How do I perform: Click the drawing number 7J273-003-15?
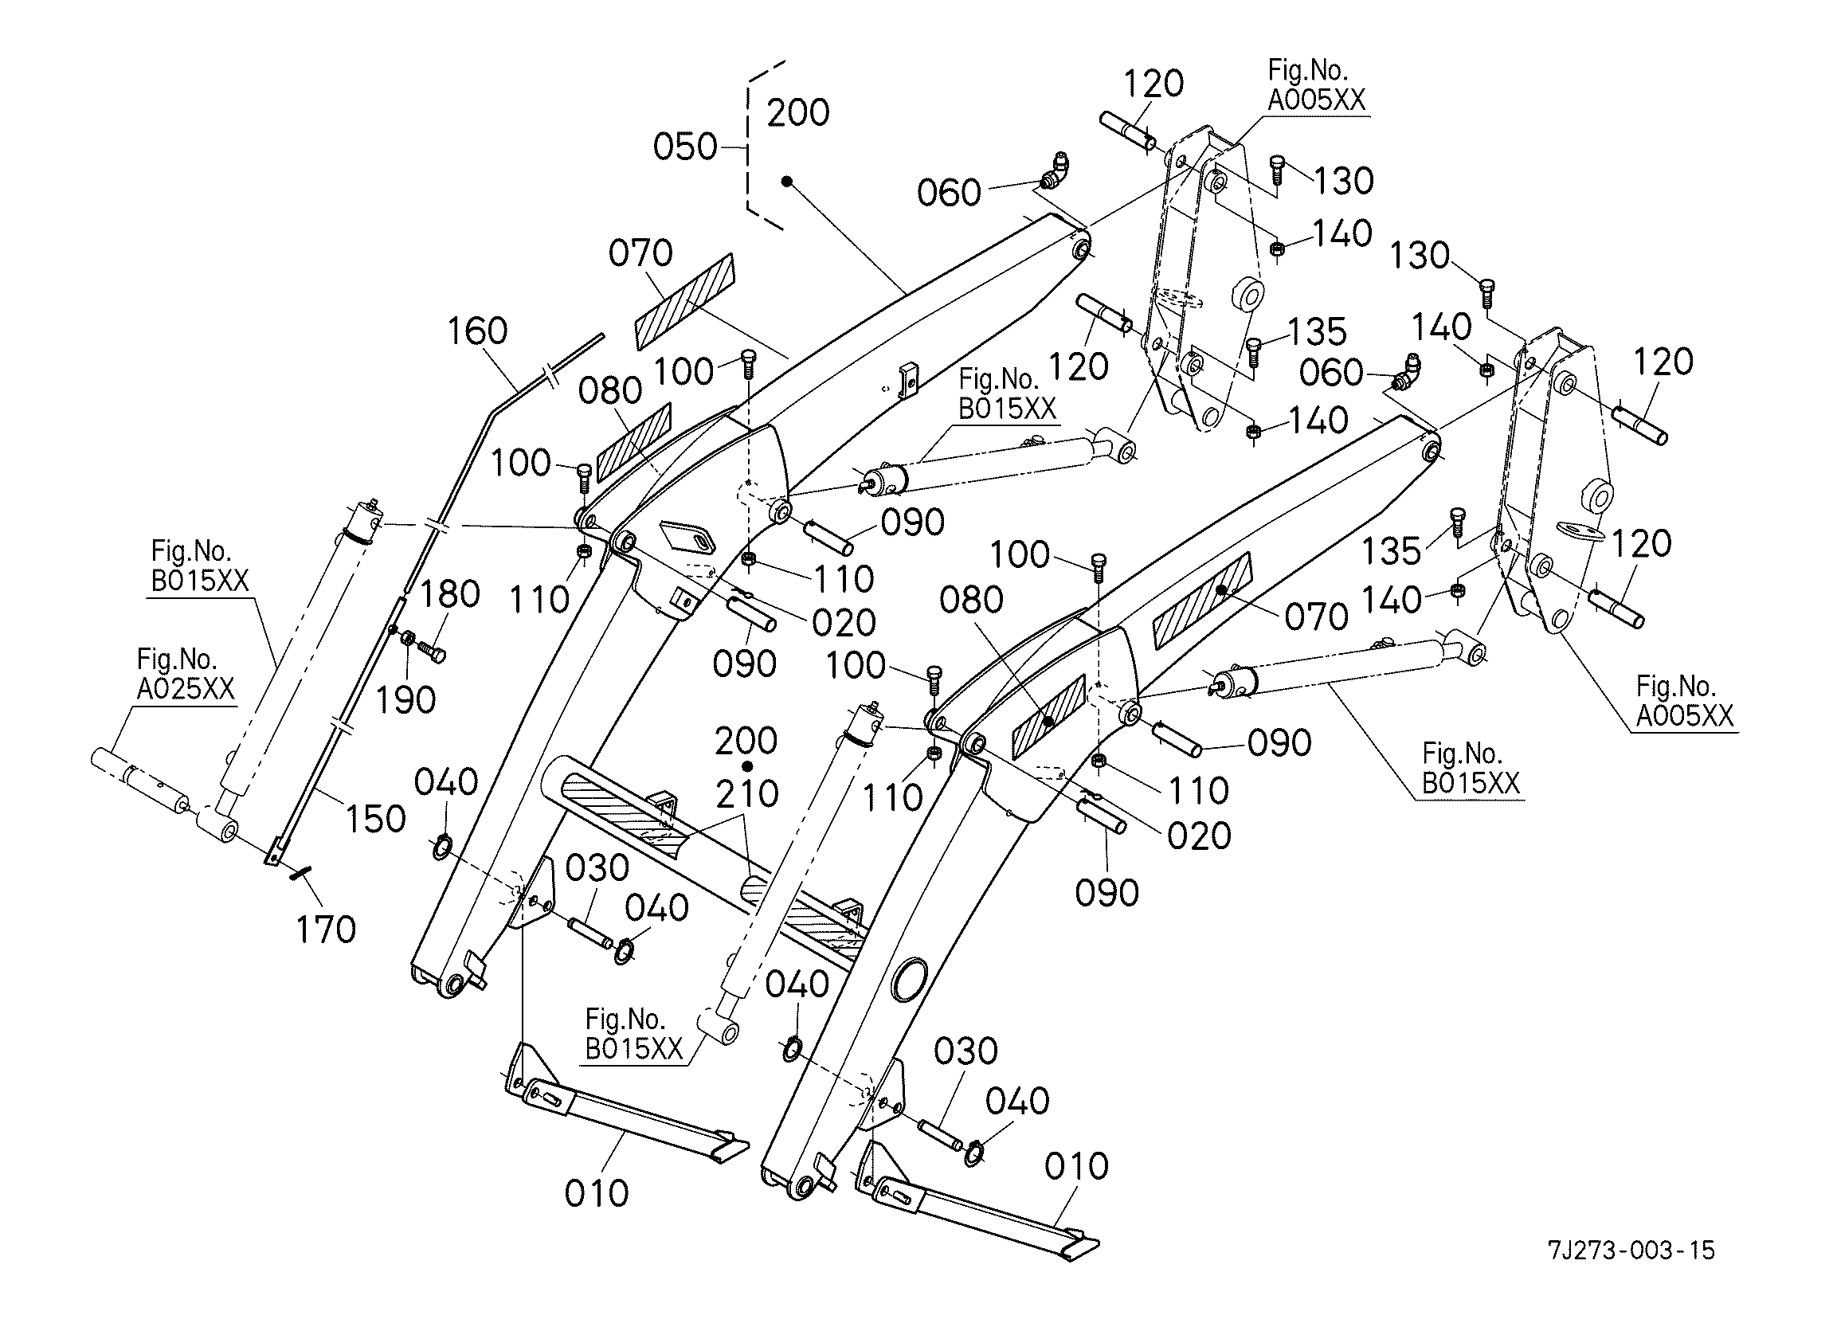(1631, 1251)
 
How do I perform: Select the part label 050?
(684, 147)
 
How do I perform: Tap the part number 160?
(477, 331)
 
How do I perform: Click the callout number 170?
(326, 930)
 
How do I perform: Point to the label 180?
(450, 595)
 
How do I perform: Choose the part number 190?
(405, 701)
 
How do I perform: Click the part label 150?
(375, 820)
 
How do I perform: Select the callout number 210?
(746, 795)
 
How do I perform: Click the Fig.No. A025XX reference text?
(185, 674)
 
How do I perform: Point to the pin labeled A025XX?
(137, 779)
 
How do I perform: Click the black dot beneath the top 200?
(786, 182)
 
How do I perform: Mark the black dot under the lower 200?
(747, 765)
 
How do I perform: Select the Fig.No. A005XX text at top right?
(1316, 85)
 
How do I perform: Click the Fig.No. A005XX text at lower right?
(1684, 701)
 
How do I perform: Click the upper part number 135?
(1316, 332)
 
